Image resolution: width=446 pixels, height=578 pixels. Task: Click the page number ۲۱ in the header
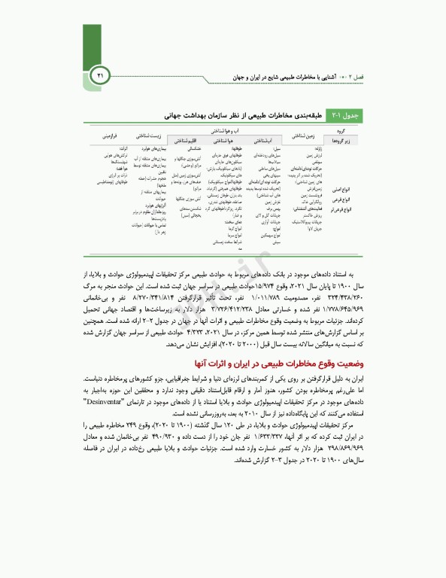point(103,75)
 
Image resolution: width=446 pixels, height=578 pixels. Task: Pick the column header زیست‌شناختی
point(148,136)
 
